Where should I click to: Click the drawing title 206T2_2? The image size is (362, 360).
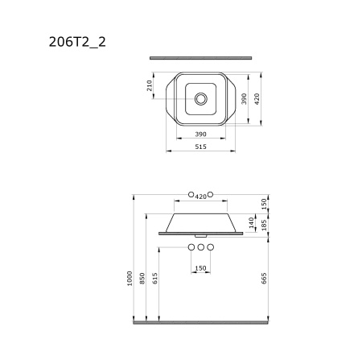[x=77, y=41]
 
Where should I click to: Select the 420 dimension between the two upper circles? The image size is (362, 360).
[x=201, y=196]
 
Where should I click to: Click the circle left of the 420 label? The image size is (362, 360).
[x=191, y=195]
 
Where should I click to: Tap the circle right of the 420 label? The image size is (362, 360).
[x=212, y=195]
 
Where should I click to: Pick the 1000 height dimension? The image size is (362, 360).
[x=129, y=279]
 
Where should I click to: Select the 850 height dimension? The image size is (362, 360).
[x=142, y=279]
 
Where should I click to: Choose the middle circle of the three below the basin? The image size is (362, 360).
[x=201, y=246]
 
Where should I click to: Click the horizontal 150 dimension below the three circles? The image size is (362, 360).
[x=201, y=268]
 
